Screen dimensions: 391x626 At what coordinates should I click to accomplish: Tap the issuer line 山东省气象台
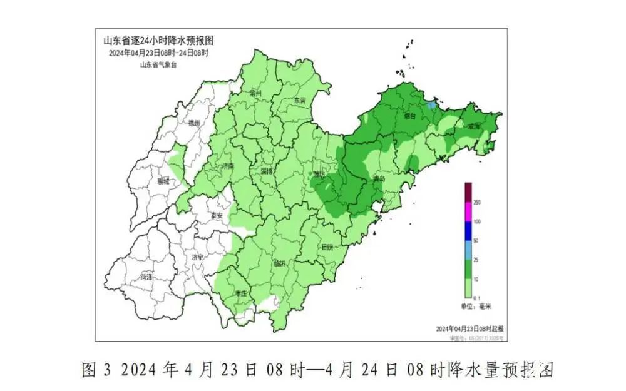(158, 64)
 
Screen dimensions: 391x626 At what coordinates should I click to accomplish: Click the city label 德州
(194, 124)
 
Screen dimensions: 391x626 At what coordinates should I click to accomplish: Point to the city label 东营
(300, 100)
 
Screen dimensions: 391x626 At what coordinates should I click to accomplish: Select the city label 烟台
(410, 116)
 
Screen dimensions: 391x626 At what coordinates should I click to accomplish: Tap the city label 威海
(474, 126)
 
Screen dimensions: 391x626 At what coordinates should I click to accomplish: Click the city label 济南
(228, 167)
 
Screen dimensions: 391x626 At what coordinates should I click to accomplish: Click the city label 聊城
(163, 181)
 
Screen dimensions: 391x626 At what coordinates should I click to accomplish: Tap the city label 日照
(326, 247)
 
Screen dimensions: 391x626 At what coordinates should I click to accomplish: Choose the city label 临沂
(279, 264)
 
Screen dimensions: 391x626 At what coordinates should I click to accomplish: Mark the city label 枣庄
(241, 293)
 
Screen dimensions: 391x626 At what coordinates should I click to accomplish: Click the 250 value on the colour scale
(477, 203)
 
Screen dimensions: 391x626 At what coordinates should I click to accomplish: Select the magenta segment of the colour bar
(468, 213)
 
